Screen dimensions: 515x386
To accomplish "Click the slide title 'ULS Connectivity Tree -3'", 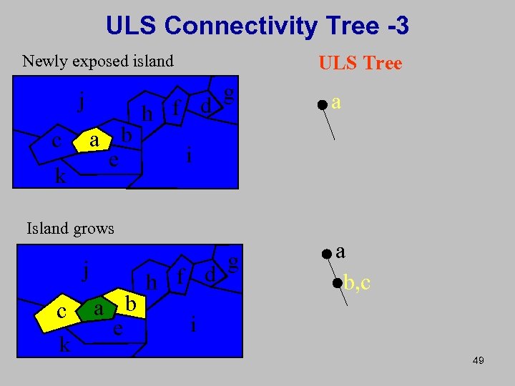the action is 257,26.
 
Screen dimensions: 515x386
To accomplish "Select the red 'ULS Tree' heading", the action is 360,64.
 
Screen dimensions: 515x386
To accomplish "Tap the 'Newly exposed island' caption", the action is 98,61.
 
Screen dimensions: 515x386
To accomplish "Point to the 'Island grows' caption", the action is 70,229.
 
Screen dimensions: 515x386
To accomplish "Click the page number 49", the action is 479,361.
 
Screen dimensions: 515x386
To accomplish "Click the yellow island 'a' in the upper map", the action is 94,140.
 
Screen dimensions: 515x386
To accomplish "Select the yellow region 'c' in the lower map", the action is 62,312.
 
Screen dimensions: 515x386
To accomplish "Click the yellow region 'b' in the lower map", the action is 130,302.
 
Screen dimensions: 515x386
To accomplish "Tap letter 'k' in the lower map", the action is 64,346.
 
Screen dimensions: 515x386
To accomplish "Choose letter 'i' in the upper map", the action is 189,154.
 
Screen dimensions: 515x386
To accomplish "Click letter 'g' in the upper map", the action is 228,93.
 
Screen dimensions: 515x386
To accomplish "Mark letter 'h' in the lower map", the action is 151,283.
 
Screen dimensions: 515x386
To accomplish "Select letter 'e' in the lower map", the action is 117,330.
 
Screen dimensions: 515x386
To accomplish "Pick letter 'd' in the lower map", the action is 210,274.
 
